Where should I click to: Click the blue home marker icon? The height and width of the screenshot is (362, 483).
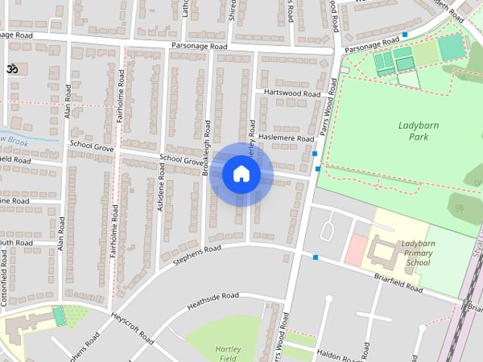(x=241, y=174)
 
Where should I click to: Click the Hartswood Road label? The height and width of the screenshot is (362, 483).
(x=292, y=93)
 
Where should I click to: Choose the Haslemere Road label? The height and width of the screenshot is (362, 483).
(x=286, y=139)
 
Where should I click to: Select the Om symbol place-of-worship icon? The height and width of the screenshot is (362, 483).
(x=12, y=69)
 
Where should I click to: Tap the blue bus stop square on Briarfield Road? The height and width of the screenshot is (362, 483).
(x=315, y=258)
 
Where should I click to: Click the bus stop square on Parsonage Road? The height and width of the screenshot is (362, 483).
(x=405, y=35)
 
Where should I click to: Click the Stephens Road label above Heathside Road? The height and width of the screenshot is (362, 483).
(x=196, y=254)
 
